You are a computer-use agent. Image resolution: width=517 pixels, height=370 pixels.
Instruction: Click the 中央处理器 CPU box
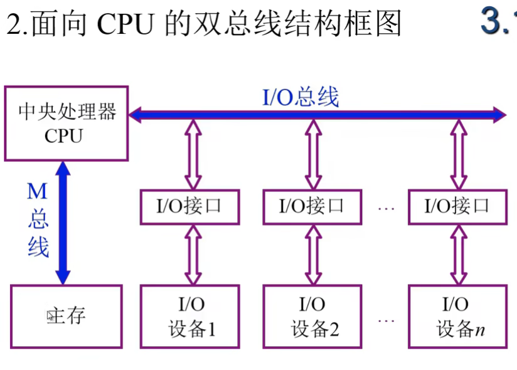click(x=67, y=124)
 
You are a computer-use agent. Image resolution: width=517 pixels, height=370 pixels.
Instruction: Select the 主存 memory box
click(x=67, y=316)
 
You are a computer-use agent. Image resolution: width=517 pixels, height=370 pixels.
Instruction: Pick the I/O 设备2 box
click(x=312, y=316)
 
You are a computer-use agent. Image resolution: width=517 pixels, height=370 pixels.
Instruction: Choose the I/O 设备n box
click(x=456, y=316)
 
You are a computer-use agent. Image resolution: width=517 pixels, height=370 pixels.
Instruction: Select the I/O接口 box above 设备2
click(x=312, y=206)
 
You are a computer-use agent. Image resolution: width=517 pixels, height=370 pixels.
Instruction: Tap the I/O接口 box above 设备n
click(x=456, y=206)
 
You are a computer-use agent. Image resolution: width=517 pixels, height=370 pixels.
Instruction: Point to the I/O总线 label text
click(x=300, y=97)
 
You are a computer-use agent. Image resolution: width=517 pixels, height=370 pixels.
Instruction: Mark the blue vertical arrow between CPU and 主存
click(x=63, y=223)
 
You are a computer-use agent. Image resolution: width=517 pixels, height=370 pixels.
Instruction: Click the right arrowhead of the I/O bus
click(x=499, y=114)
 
